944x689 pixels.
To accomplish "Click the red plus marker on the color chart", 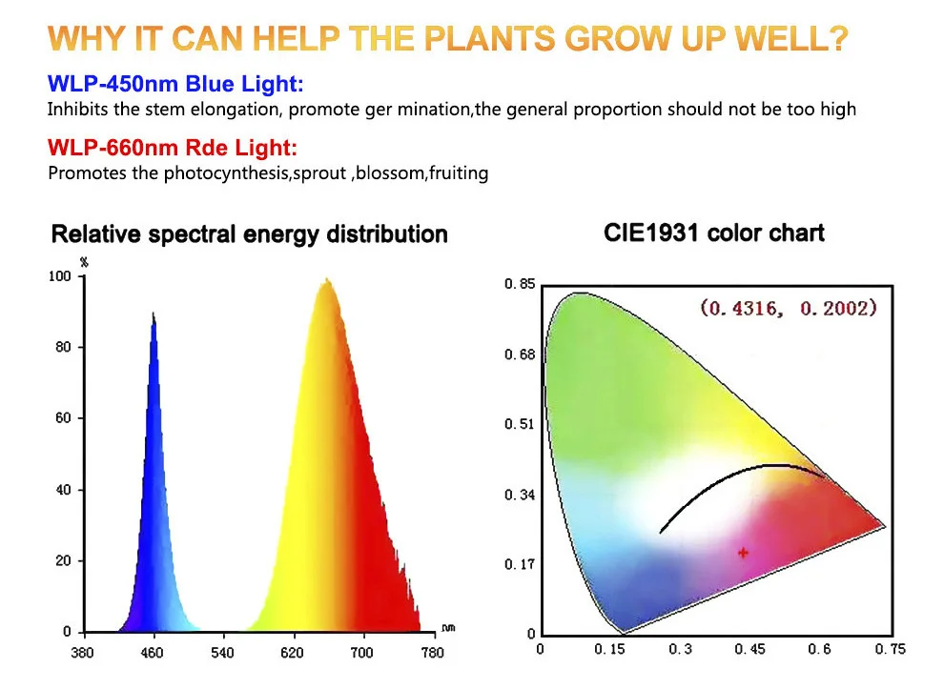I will pos(744,552).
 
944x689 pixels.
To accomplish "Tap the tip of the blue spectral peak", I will pos(154,314).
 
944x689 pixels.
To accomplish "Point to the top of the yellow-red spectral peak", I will pos(327,280).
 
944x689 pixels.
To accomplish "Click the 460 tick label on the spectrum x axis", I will pos(153,653).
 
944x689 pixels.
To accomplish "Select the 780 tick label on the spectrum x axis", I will pos(432,653).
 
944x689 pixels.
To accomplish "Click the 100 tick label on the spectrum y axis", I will pos(60,276).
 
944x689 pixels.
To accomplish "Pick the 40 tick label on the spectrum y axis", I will pos(64,490).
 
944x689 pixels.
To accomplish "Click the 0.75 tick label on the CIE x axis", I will pos(891,650).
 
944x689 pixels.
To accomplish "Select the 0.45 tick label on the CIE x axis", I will pos(749,650).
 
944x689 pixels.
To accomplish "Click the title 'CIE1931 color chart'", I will pos(714,233).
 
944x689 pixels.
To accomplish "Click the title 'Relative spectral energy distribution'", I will pos(249,233).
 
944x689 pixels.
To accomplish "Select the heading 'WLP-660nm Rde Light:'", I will pos(173,150).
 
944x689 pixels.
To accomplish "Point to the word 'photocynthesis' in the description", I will pos(194,173).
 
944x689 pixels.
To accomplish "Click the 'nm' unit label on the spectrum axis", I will pos(448,628).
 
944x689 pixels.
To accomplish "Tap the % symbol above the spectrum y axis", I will pos(84,261).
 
